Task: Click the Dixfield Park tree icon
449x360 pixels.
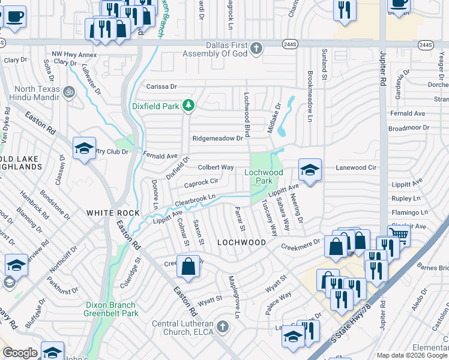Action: click(x=188, y=106)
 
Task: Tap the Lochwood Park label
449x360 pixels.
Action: click(x=264, y=176)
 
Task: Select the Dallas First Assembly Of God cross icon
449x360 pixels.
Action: click(x=256, y=48)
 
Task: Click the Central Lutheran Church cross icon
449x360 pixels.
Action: click(x=223, y=326)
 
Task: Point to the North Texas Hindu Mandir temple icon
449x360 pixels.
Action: click(x=68, y=92)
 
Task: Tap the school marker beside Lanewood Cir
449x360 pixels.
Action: click(x=310, y=170)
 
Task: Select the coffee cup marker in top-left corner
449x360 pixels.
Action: click(x=15, y=16)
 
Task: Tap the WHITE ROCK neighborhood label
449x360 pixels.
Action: click(x=113, y=213)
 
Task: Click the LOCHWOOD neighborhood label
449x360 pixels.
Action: click(x=241, y=242)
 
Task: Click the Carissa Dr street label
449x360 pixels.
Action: click(x=162, y=86)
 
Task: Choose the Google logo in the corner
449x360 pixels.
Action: click(x=20, y=353)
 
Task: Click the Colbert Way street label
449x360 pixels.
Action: click(x=215, y=167)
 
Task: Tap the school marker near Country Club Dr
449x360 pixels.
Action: click(x=84, y=148)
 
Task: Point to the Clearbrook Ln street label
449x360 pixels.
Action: click(x=194, y=198)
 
